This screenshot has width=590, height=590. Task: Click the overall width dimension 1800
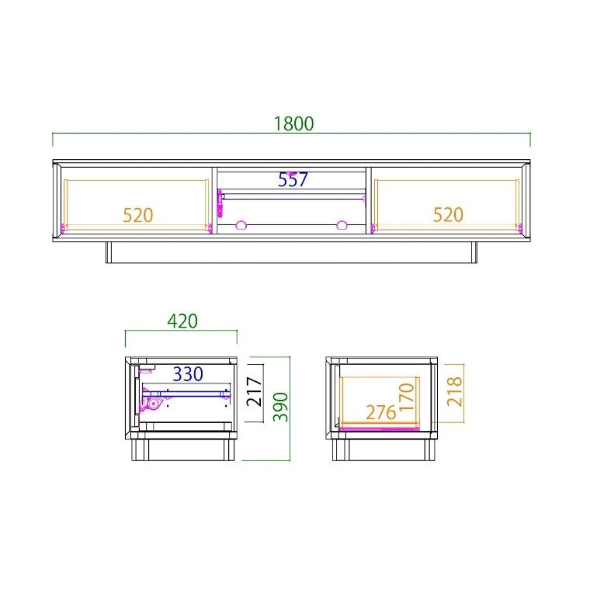[x=293, y=123]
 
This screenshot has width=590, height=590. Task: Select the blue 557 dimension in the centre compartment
[x=293, y=181]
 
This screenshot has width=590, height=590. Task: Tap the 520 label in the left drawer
[x=137, y=215]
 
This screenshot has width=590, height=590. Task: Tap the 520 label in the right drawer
[x=447, y=215]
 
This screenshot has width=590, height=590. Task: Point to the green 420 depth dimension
[x=182, y=321]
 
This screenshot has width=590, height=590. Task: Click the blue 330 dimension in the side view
[x=187, y=375]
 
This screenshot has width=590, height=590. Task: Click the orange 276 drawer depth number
[x=380, y=413]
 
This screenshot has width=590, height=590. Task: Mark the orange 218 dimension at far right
[x=455, y=393]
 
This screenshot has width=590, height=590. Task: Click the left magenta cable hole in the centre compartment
[x=241, y=225]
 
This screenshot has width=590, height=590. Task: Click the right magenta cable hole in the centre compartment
[x=341, y=225]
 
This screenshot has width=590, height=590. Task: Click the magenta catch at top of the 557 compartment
[x=292, y=173]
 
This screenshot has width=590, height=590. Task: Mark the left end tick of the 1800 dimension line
[x=53, y=140]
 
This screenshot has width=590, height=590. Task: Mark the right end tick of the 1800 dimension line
[x=529, y=140]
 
